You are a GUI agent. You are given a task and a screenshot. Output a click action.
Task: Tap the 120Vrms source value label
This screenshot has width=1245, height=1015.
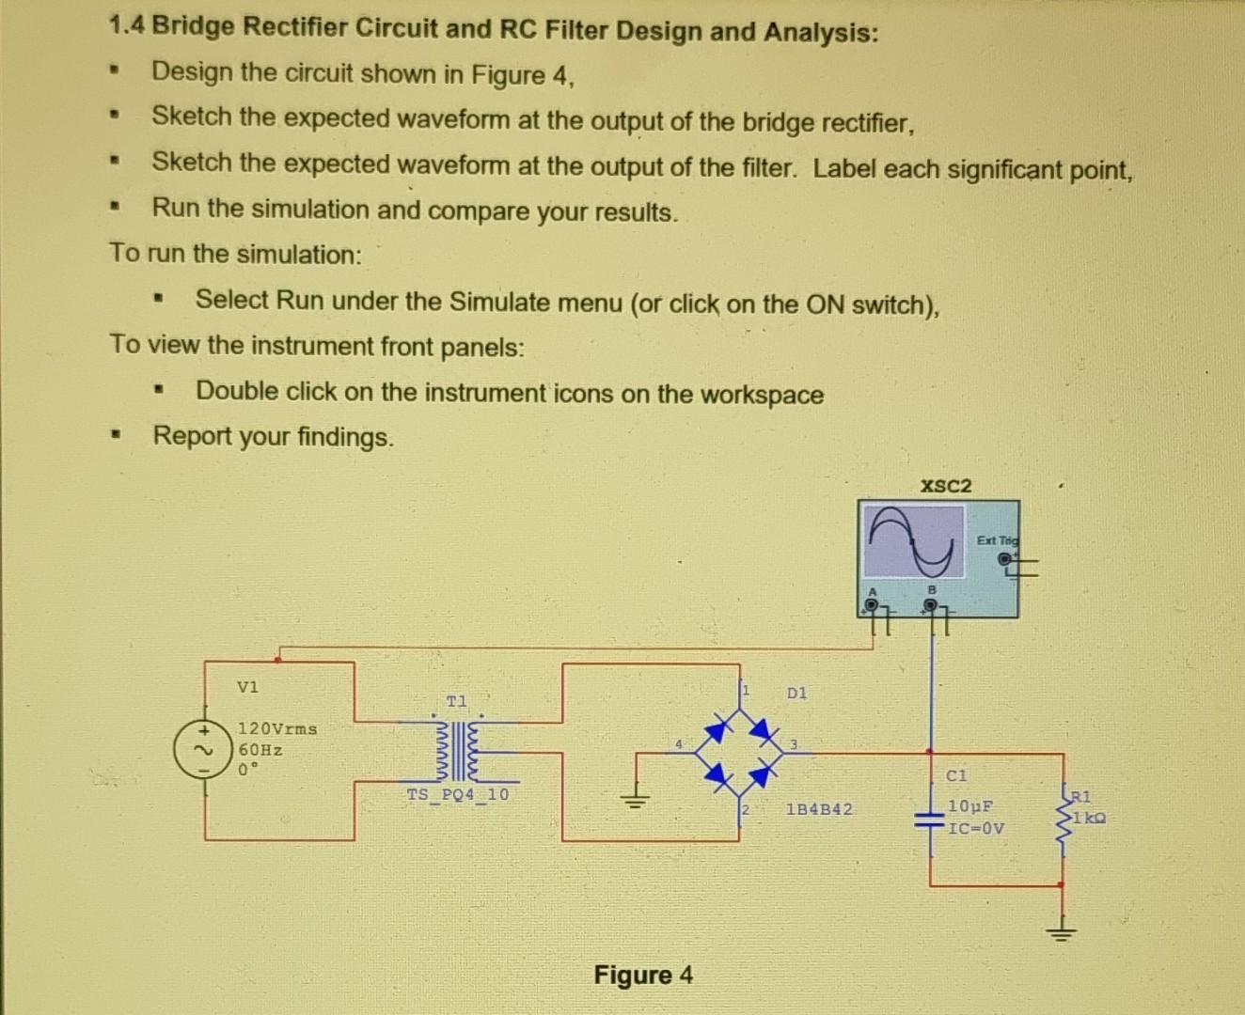pyautogui.click(x=277, y=728)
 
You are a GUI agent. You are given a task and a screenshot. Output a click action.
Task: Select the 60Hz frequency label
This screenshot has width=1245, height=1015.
pyautogui.click(x=260, y=750)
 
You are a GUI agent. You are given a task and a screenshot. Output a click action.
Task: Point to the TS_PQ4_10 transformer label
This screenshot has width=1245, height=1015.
pyautogui.click(x=458, y=794)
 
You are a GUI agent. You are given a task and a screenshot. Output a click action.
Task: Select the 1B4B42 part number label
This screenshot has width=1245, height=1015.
pyautogui.click(x=819, y=809)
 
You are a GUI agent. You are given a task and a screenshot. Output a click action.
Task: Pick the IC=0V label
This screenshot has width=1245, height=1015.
pyautogui.click(x=976, y=828)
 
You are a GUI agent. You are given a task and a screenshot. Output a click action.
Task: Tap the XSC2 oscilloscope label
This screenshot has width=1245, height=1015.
pyautogui.click(x=946, y=486)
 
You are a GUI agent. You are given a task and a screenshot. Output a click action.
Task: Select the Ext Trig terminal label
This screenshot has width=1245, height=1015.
pyautogui.click(x=997, y=540)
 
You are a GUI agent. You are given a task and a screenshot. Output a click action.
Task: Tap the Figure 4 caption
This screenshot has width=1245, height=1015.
pyautogui.click(x=643, y=975)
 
